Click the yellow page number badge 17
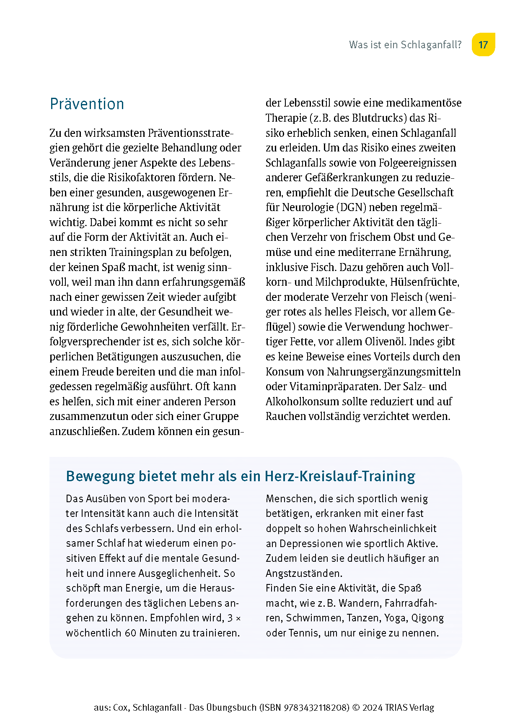coord(483,45)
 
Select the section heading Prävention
coord(87,104)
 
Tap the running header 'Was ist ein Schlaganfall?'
coord(405,45)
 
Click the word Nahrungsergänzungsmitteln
coord(393,372)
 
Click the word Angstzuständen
coord(304,574)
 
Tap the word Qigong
coord(427,618)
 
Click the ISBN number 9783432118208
coord(316,708)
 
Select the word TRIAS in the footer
coord(400,708)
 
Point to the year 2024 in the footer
coord(373,708)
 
